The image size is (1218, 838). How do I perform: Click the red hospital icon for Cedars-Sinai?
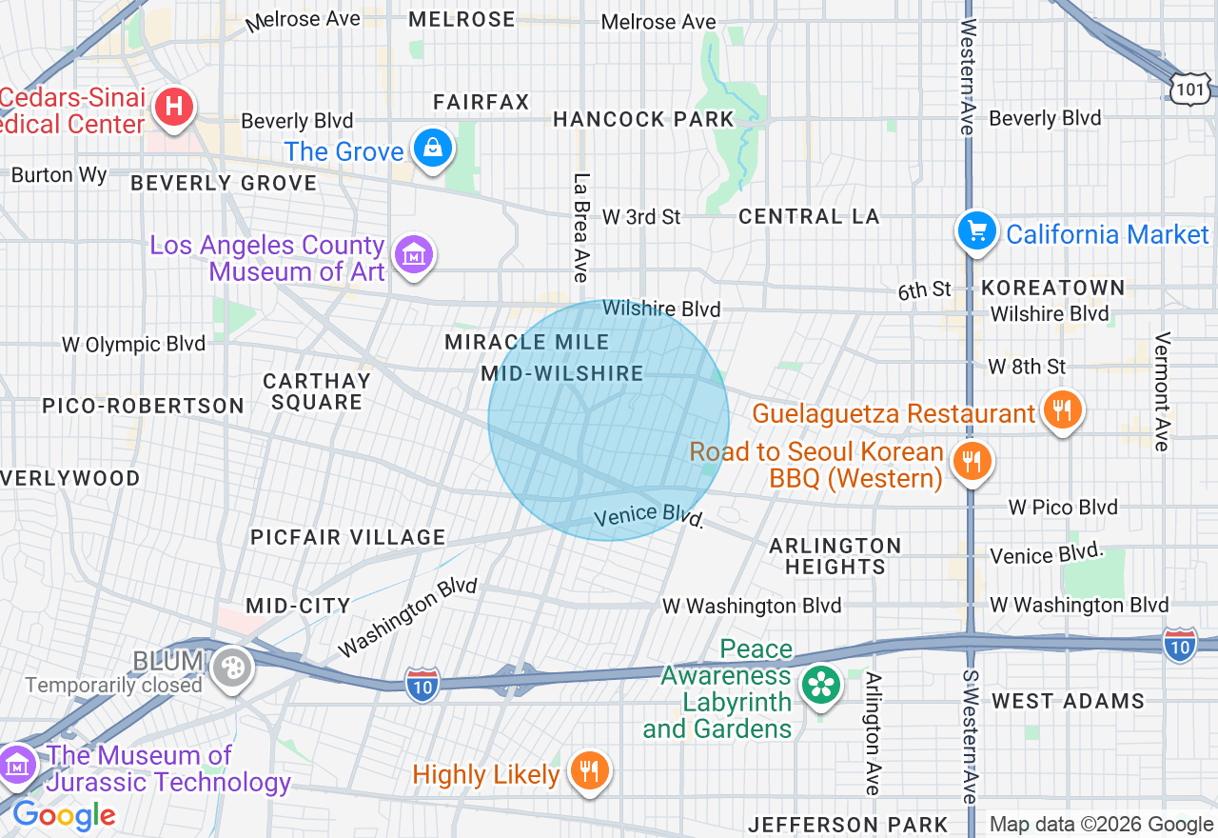point(174,106)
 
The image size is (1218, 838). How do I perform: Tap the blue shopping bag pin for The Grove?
point(433,149)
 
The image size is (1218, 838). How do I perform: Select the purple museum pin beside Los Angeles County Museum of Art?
point(414,255)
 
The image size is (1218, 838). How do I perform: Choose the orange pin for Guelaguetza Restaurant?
point(1062,410)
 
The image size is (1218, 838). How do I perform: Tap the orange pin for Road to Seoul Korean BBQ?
point(971,462)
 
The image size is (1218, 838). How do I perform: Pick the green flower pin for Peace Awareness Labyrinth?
point(818,685)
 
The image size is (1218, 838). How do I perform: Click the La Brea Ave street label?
point(581,228)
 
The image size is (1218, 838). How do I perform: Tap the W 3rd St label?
point(641,217)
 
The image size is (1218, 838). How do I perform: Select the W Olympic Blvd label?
point(133,344)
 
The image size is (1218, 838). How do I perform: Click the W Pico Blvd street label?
point(1063,508)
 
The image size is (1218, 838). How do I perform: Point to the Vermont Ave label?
point(1162,391)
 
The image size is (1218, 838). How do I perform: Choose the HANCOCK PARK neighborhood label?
point(643,119)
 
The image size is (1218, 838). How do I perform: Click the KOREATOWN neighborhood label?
point(1052,288)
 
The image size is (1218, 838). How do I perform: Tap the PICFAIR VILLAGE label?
point(348,537)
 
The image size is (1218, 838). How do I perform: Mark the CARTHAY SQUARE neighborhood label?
point(317,391)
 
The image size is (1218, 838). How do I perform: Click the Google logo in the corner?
point(64,815)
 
